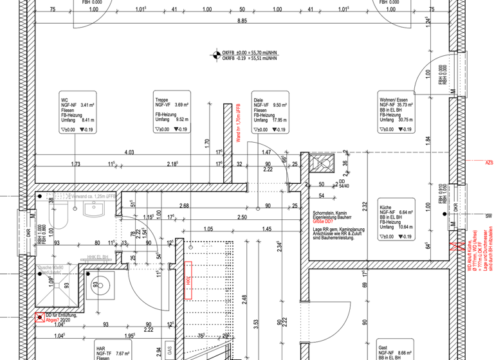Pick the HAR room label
pos(113,350)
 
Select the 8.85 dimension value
pos(242,21)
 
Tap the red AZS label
pos(489,163)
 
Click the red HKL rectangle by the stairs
pos(189,280)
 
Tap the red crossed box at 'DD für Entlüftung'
pos(40,316)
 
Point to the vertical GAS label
pos(169,351)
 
